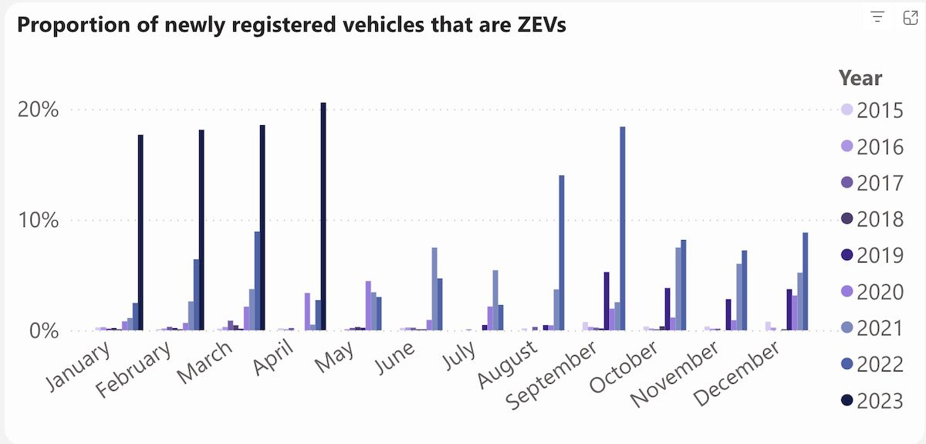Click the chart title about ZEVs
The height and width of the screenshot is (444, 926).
[x=292, y=25]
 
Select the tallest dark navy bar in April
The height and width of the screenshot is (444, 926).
[x=323, y=216]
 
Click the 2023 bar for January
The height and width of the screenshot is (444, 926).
[x=140, y=232]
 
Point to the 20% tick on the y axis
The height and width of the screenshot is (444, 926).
[x=39, y=110]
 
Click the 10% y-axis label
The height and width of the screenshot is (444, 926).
[x=39, y=220]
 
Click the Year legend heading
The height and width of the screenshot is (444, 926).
[x=860, y=78]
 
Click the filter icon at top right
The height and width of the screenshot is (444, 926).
[x=877, y=18]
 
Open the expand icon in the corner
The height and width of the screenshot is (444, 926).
[x=910, y=18]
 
